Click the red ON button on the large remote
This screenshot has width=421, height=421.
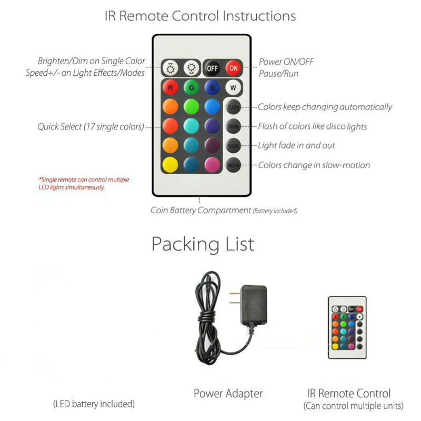point(233,68)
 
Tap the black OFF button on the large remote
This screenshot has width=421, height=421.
point(212,68)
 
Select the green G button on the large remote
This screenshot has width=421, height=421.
point(191,87)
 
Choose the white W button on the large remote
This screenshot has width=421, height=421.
point(233,87)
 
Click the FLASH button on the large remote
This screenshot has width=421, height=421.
point(233,107)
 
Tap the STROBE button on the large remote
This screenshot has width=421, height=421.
point(233,126)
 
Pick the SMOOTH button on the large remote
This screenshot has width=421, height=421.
point(233,165)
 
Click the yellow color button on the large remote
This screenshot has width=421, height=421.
point(169,164)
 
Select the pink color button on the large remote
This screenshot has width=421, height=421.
point(212,164)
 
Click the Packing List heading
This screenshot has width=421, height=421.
point(203,244)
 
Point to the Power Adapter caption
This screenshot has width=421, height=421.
point(228,393)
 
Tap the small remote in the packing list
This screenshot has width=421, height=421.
point(347,327)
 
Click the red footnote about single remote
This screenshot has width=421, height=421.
point(84,183)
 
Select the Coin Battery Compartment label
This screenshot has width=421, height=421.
point(201,210)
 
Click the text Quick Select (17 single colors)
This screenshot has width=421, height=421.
point(91,127)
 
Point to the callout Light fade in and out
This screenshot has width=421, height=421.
point(296,146)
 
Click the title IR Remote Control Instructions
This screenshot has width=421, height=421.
point(200,15)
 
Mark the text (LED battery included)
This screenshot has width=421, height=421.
point(94,404)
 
